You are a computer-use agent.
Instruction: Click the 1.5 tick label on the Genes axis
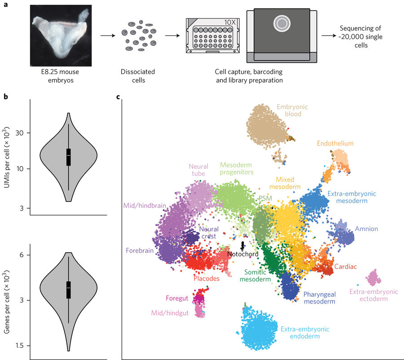pyautogui.click(x=21, y=346)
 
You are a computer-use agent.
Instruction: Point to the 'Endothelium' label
pyautogui.click(x=335, y=144)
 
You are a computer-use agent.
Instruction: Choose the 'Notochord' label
pyautogui.click(x=243, y=254)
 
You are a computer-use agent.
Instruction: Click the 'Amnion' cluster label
pyautogui.click(x=366, y=229)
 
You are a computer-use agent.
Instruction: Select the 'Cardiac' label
pyautogui.click(x=346, y=267)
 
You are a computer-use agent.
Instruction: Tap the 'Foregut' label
pyautogui.click(x=179, y=298)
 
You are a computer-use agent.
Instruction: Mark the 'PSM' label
pyautogui.click(x=265, y=198)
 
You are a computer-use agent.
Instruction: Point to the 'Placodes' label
pyautogui.click(x=206, y=278)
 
